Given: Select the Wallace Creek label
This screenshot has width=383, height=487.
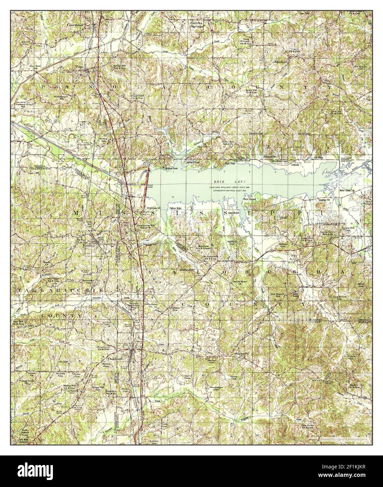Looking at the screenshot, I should pos(159,169).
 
